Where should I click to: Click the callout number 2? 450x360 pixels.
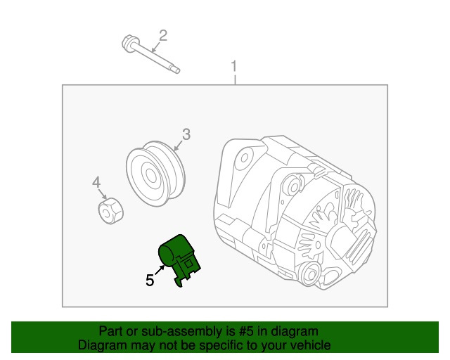[162, 34]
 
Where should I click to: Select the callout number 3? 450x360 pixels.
[186, 134]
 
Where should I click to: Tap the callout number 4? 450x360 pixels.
[96, 184]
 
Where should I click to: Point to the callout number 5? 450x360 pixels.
[149, 280]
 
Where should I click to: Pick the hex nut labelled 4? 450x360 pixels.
[109, 210]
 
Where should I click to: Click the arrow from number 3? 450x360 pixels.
[178, 145]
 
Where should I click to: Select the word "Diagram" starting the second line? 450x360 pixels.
[100, 345]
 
